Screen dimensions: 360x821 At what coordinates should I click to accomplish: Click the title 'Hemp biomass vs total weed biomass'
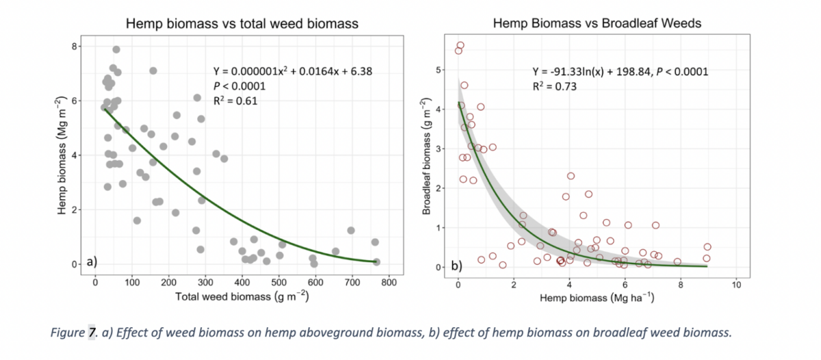point(242,24)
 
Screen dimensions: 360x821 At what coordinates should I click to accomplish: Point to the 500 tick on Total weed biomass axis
point(278,283)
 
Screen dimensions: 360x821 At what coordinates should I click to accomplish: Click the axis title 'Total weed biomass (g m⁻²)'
point(242,296)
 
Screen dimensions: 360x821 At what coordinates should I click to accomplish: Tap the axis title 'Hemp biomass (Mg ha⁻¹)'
point(597,298)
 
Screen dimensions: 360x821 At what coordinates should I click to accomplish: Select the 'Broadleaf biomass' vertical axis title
point(426,157)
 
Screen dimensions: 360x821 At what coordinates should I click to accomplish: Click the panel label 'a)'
point(92,261)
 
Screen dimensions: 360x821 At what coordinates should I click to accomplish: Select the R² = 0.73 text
point(554,87)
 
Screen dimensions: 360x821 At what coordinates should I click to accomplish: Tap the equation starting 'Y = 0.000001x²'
point(293,71)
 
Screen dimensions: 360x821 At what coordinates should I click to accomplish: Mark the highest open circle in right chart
point(460,45)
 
